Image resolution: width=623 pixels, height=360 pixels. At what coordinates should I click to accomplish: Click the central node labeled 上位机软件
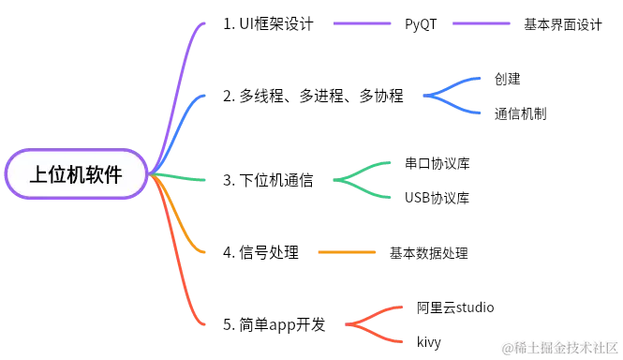[x=77, y=174]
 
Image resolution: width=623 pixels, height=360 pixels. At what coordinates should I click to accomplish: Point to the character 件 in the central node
[x=113, y=175]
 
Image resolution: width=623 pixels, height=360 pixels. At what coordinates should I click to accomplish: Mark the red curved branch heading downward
[x=183, y=281]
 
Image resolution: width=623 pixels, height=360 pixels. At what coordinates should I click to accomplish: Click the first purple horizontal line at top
[x=363, y=22]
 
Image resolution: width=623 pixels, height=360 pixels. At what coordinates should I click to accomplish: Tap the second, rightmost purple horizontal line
[x=482, y=22]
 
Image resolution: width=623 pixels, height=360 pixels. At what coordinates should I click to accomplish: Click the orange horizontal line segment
[x=348, y=251]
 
